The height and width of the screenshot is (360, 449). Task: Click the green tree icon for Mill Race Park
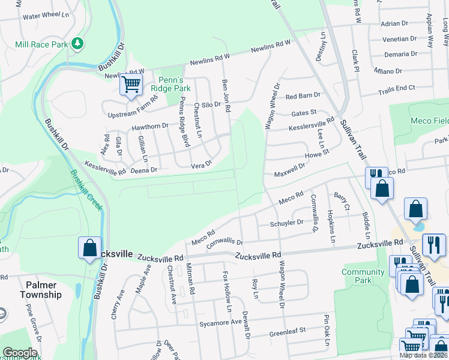coord(77,43)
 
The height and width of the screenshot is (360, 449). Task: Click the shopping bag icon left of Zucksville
coord(89,247)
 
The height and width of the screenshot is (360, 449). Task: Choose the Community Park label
coord(363,276)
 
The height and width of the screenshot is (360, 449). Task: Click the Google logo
coord(20,353)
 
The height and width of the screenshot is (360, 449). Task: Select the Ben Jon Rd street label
coord(227,95)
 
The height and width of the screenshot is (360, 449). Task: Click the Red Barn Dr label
coord(303,96)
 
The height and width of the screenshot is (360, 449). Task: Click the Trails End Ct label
coord(396,89)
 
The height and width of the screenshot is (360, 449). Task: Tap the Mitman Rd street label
coord(190,280)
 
